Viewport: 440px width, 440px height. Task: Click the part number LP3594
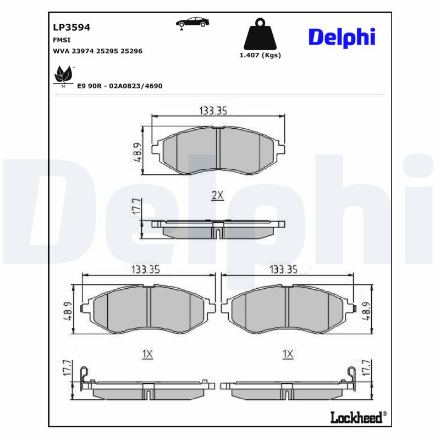[71, 27]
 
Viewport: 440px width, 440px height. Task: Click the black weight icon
[260, 35]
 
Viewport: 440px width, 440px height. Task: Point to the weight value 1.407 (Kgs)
[260, 55]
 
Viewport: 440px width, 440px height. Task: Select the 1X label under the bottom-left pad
[147, 355]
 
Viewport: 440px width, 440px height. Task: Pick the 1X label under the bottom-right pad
[287, 355]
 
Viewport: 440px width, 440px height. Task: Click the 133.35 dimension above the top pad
[213, 111]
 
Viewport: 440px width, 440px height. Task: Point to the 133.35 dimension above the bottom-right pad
[283, 269]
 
